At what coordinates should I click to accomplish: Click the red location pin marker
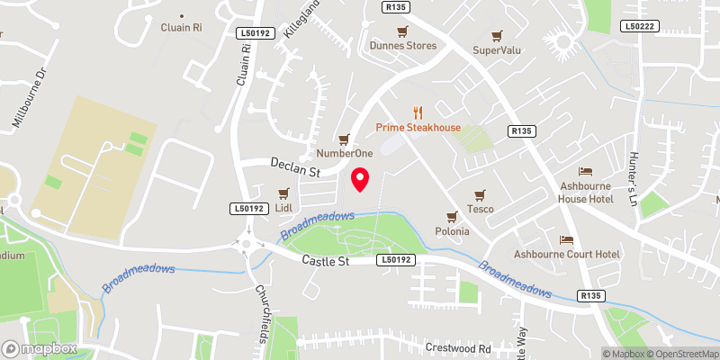pyautogui.click(x=360, y=179)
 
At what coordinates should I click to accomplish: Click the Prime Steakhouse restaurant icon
pyautogui.click(x=418, y=112)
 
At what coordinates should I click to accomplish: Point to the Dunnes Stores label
pyautogui.click(x=403, y=45)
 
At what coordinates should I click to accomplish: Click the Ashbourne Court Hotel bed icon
pyautogui.click(x=567, y=239)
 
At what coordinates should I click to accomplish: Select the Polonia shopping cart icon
pyautogui.click(x=453, y=216)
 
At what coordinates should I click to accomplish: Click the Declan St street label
pyautogui.click(x=296, y=167)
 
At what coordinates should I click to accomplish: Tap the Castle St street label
pyautogui.click(x=325, y=260)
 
